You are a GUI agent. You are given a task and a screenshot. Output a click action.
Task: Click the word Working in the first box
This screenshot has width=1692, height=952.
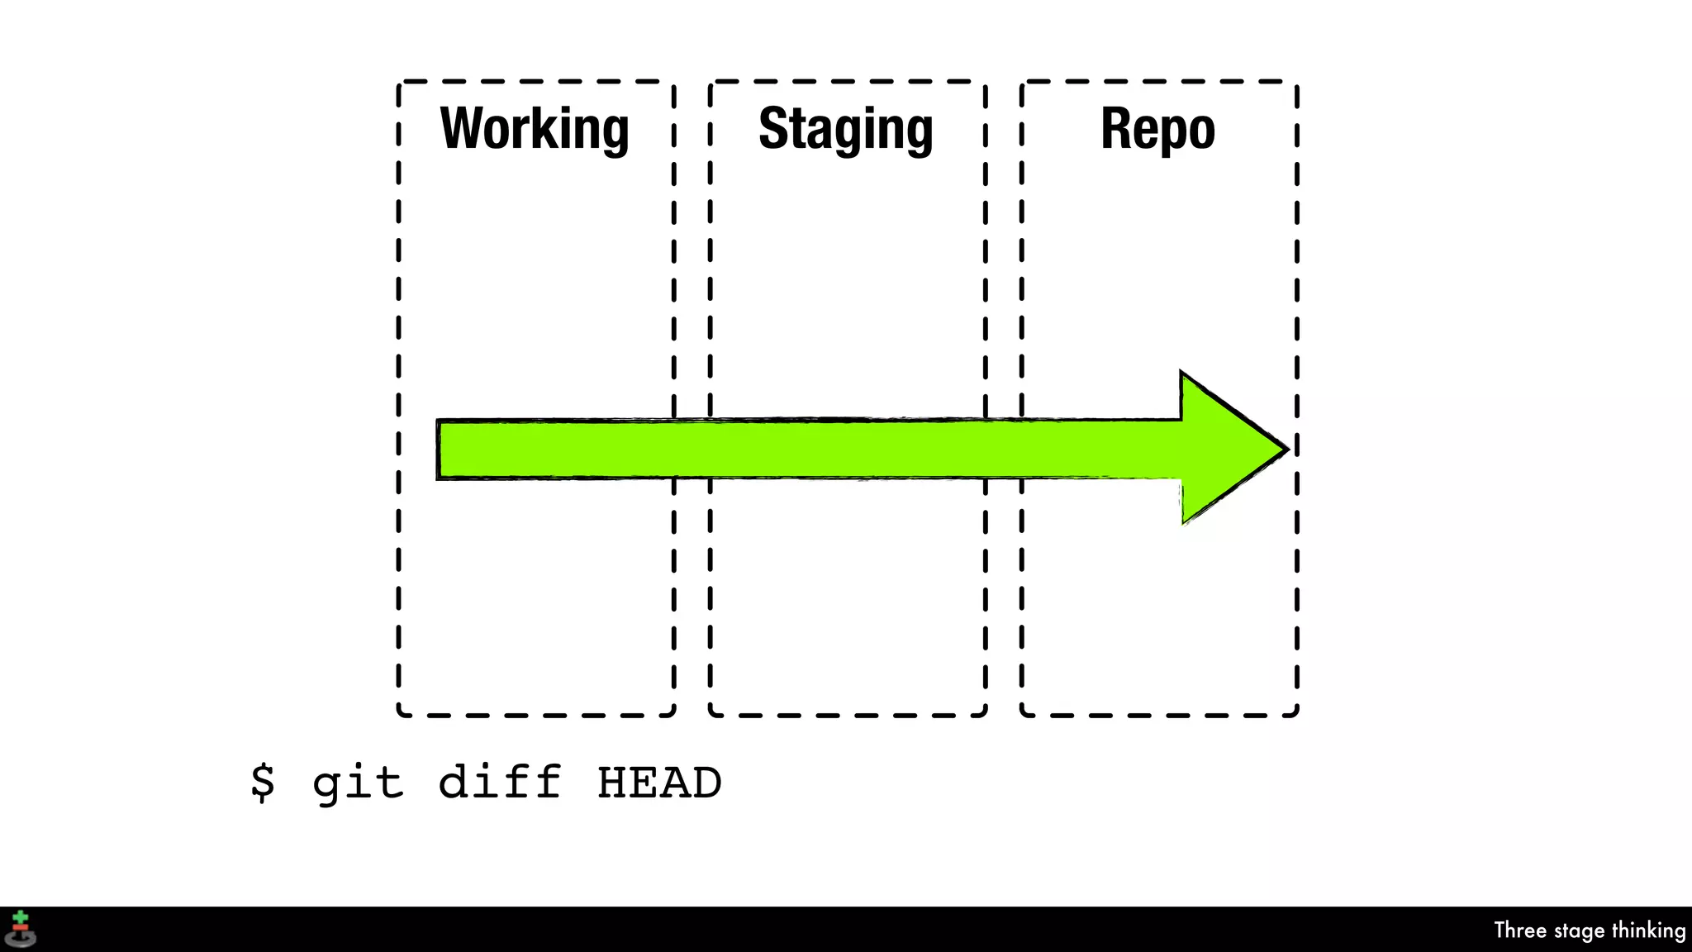coord(535,129)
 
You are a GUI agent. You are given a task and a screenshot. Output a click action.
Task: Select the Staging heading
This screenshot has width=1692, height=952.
coord(846,129)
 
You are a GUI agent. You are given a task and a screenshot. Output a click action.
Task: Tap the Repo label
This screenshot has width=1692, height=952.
coord(1157,129)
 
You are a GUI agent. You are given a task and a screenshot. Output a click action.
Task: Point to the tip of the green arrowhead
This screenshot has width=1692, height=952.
coord(1286,449)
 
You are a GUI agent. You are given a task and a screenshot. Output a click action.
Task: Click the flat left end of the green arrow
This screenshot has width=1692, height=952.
coord(439,450)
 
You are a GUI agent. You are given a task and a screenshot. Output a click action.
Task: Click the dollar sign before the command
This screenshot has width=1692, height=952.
coord(263,782)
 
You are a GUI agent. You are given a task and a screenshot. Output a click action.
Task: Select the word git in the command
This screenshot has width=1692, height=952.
coord(358,783)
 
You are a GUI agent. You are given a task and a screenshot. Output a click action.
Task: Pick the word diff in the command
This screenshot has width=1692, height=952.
coord(499,782)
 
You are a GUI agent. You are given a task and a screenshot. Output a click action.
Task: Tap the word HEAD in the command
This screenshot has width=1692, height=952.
coord(659,783)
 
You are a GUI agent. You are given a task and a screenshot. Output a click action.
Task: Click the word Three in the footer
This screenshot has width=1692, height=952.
coord(1519,931)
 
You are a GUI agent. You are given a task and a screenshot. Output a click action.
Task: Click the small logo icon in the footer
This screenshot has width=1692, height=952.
coord(21,930)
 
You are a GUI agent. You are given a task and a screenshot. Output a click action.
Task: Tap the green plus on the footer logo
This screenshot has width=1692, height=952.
coord(21,918)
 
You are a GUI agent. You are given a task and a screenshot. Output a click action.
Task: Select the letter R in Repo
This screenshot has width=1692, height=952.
coord(1115,129)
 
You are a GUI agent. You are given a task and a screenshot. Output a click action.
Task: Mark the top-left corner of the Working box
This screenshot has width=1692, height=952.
coord(399,83)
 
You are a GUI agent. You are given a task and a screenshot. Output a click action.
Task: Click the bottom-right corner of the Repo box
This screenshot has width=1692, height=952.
coord(1296,714)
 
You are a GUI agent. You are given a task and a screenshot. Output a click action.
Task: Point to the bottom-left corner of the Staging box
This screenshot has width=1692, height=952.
coord(711,714)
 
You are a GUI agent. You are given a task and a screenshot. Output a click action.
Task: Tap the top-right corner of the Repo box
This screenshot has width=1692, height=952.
coord(1296,83)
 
